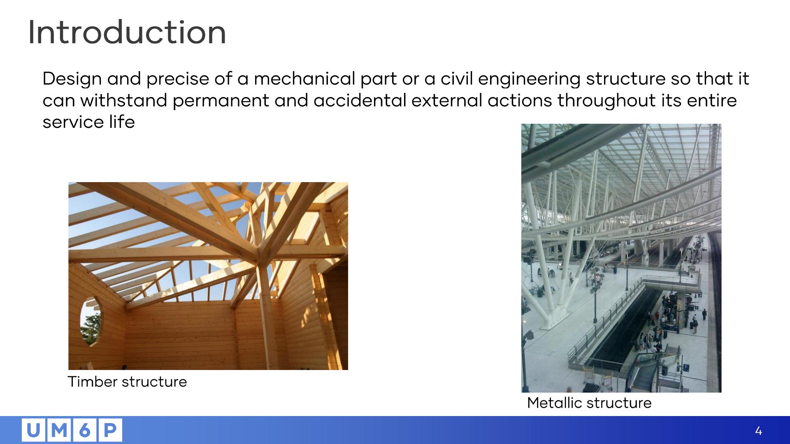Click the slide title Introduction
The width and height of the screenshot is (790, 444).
(127, 32)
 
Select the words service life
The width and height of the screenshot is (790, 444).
(89, 122)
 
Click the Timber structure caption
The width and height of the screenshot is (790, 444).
(127, 382)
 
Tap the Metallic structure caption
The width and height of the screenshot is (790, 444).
(589, 402)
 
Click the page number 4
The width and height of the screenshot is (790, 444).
(758, 431)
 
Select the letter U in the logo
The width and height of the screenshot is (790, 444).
(34, 430)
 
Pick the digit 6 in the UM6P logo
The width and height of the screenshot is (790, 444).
(84, 430)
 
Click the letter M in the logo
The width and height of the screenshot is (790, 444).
(59, 430)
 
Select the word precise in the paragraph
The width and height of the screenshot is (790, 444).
(178, 79)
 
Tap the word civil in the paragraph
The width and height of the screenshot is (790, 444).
(456, 79)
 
